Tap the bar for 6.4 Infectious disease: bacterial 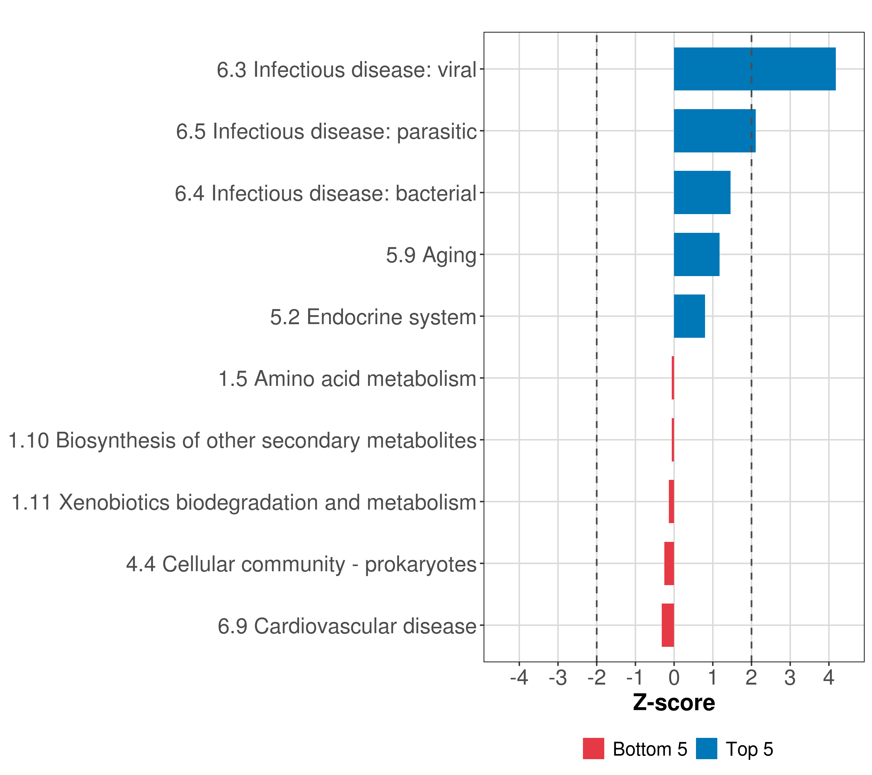[702, 192]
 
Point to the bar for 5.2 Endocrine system [690, 316]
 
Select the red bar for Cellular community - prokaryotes [669, 563]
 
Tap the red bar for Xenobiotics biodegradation [671, 501]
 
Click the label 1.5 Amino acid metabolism [347, 379]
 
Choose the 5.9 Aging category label [431, 255]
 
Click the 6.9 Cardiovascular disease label [347, 626]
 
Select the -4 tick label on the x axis [519, 677]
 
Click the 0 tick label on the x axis [674, 677]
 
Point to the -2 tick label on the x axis [597, 677]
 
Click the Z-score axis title [674, 702]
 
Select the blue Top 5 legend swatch [706, 749]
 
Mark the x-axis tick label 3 [790, 677]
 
